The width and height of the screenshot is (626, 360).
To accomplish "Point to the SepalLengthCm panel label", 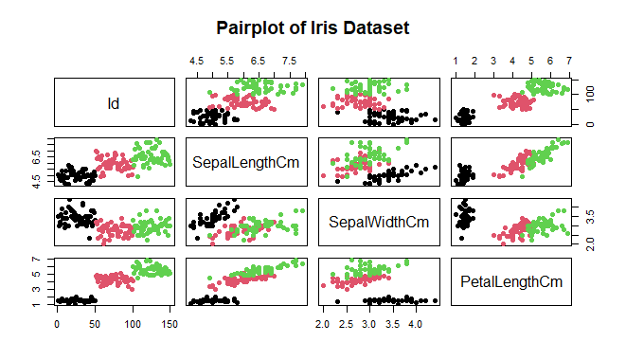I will coord(246,162).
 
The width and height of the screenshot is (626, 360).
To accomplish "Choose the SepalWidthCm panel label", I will coord(379,223).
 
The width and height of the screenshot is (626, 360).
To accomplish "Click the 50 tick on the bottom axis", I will coord(95,323).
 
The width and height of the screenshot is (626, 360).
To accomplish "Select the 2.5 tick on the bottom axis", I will coord(345,323).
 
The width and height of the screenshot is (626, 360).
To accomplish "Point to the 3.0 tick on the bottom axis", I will coord(368,323).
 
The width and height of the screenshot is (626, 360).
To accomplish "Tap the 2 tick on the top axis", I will coord(474,61).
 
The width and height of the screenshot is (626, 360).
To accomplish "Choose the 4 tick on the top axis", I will coord(511,61).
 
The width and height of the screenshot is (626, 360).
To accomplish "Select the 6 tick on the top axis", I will coord(549,61).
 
